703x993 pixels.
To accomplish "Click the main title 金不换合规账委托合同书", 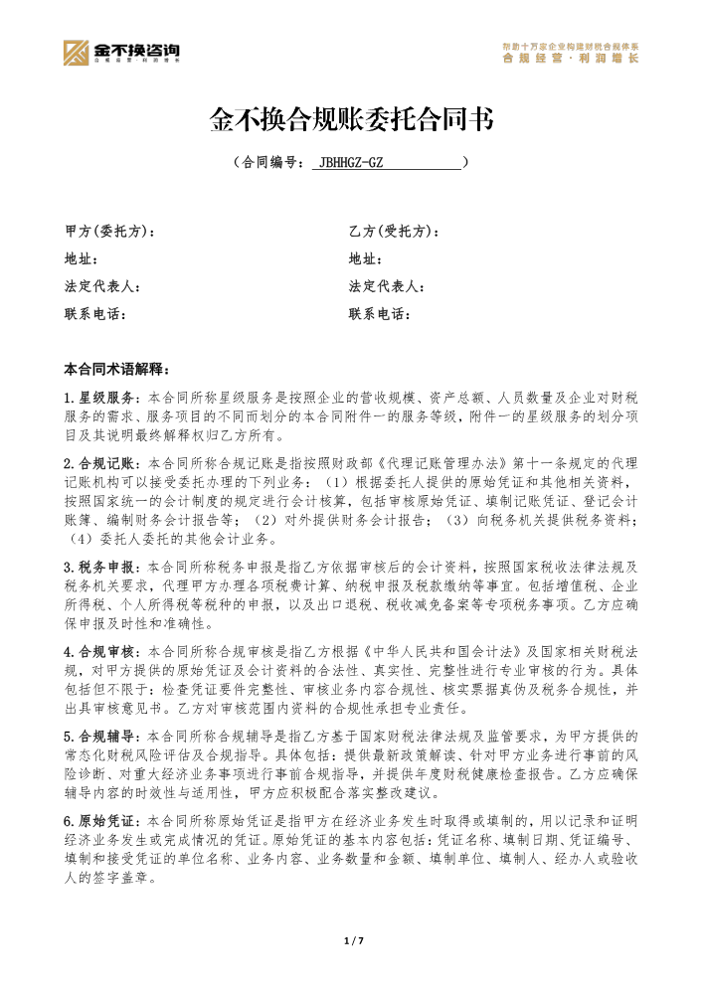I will click(x=351, y=120).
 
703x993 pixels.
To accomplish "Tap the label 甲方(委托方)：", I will click(x=109, y=232).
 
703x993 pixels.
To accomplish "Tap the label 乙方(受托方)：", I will click(x=394, y=232).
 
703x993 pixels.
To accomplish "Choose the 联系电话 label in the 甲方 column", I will click(x=95, y=314).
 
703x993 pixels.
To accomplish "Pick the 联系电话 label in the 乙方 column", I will click(x=380, y=314).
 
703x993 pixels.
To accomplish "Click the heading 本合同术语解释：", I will click(x=116, y=369).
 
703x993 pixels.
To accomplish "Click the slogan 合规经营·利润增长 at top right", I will click(x=571, y=59).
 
